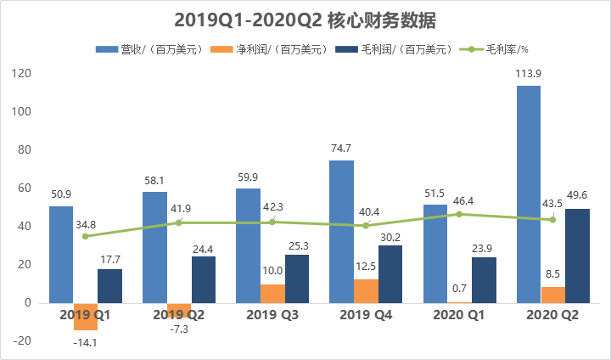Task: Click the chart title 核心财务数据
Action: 305,19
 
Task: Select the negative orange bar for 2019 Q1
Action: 86,316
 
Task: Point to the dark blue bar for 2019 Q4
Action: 390,273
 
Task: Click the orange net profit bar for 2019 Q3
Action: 272,293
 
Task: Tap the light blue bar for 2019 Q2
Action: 154,247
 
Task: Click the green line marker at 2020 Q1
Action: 459,214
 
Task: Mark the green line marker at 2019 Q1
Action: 86,236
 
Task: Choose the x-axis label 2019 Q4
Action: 366,315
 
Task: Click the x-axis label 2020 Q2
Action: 552,315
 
